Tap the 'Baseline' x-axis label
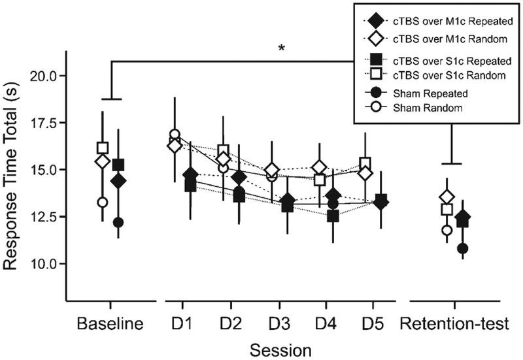110,323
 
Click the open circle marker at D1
175,135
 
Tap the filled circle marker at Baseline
118,222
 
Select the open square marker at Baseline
103,148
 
